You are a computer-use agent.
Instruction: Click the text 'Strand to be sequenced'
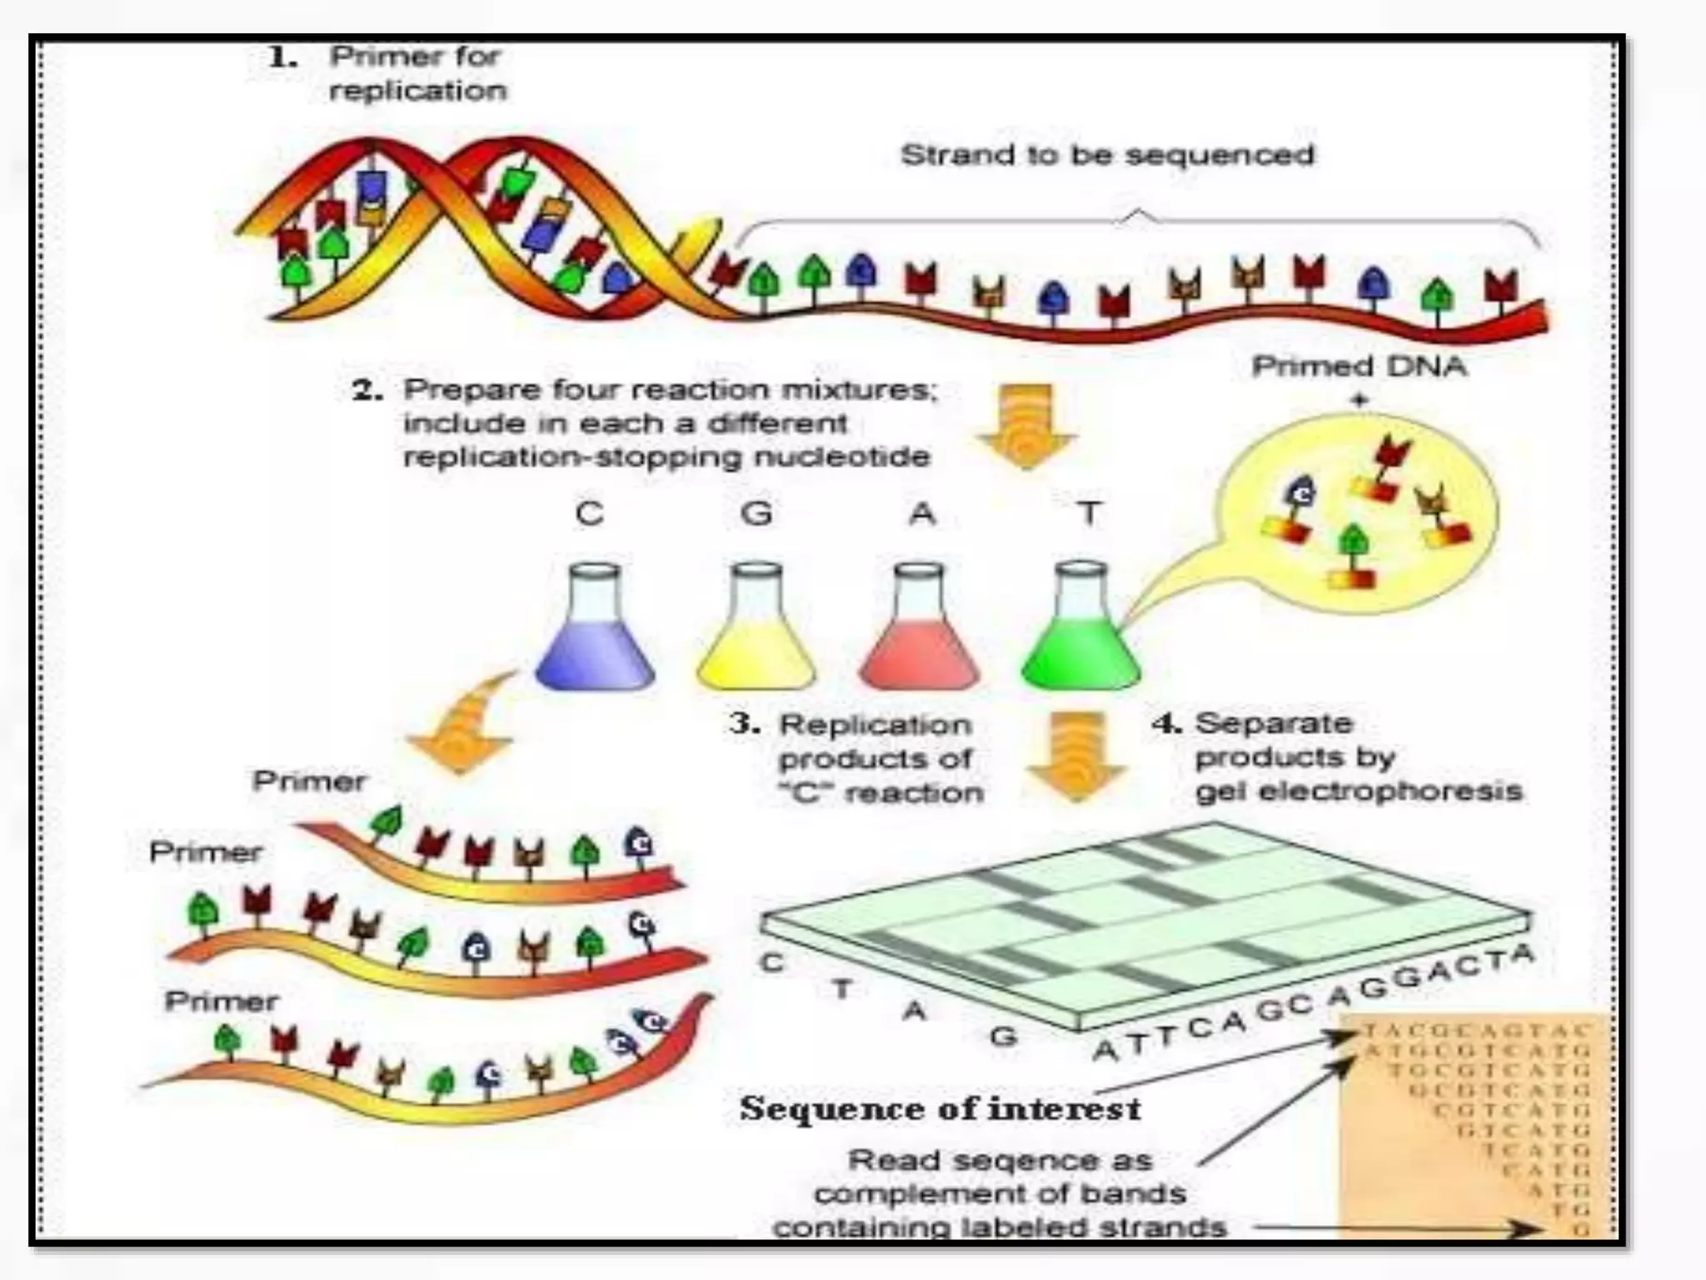[1107, 155]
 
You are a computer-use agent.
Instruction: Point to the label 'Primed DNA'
[1359, 367]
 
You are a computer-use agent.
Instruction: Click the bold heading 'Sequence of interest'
[940, 1109]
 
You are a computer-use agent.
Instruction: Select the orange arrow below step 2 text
[1026, 425]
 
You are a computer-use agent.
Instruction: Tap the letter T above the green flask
[1089, 513]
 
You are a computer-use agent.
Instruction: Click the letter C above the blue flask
[589, 513]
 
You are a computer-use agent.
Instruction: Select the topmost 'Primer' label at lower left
[309, 781]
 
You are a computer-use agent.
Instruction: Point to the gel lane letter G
[1004, 1036]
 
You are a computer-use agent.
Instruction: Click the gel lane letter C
[772, 962]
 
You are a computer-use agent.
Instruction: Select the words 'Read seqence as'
[1000, 1160]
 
